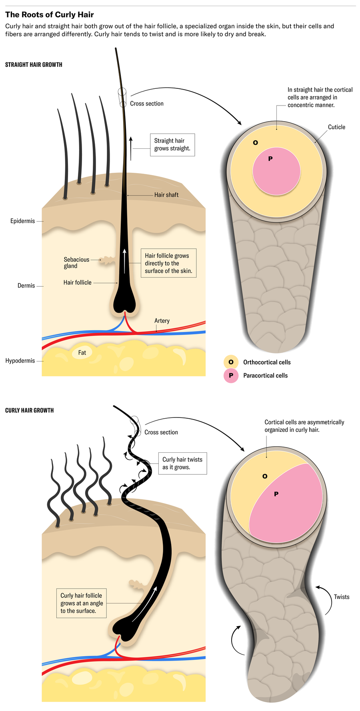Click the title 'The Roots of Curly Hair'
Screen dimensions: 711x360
(x=49, y=15)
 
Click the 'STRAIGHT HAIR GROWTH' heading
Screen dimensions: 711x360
(x=34, y=65)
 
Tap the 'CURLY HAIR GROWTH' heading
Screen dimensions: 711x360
(x=29, y=410)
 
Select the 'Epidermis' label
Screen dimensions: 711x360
(x=23, y=221)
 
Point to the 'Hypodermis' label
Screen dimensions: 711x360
(x=20, y=361)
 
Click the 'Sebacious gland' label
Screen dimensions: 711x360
(x=76, y=263)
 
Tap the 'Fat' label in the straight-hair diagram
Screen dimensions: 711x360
(x=82, y=353)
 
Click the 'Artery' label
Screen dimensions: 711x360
(x=162, y=321)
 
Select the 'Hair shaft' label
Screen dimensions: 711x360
(x=166, y=195)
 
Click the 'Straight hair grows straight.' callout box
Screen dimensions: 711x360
(x=172, y=145)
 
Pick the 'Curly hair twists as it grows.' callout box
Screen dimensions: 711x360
(x=182, y=463)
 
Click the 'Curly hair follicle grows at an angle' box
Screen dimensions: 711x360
(x=82, y=603)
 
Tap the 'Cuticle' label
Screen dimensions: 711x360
(x=336, y=127)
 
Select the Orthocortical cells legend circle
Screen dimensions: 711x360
(x=231, y=362)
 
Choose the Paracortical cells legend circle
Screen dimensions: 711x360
(x=231, y=375)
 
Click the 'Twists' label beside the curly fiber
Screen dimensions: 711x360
(x=342, y=597)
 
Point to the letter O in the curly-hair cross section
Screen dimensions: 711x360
(x=265, y=476)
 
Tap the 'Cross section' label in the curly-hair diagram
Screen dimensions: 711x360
(x=161, y=432)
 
